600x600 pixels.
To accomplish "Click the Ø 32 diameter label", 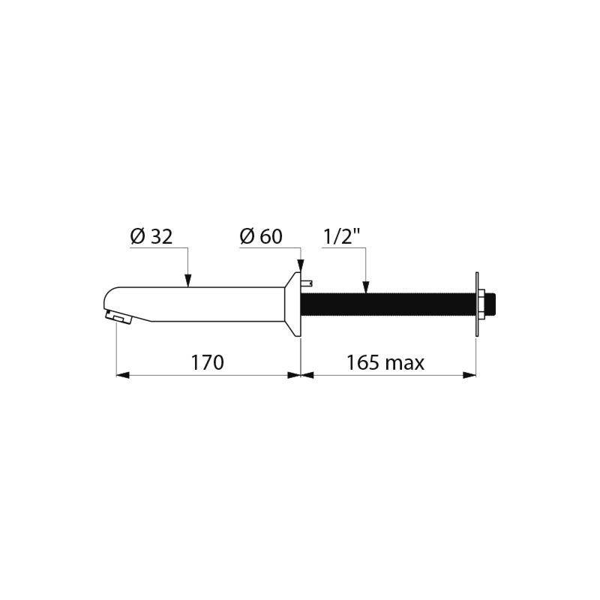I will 151,237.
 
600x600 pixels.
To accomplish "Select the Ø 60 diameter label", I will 260,237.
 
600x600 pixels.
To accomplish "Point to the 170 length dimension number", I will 208,363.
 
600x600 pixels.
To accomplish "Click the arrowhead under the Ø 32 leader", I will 187,281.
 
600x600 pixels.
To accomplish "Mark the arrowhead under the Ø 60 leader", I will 301,266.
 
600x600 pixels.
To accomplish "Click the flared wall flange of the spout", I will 292,304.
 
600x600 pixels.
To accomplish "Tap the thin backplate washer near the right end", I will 476,304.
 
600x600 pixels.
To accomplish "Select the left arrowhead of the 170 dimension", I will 121,374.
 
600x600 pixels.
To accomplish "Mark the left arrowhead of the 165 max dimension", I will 306,374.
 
